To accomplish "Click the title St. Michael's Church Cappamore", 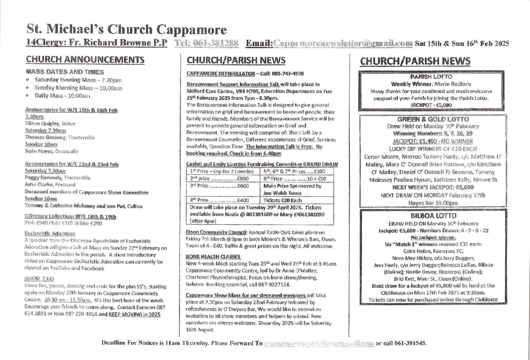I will tap(126, 29).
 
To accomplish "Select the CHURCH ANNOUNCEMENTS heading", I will tap(85, 59).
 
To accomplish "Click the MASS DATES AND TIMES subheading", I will tap(65, 71).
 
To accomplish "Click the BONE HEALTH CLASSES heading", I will tap(210, 256).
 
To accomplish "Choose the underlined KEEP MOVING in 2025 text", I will tap(134, 314).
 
